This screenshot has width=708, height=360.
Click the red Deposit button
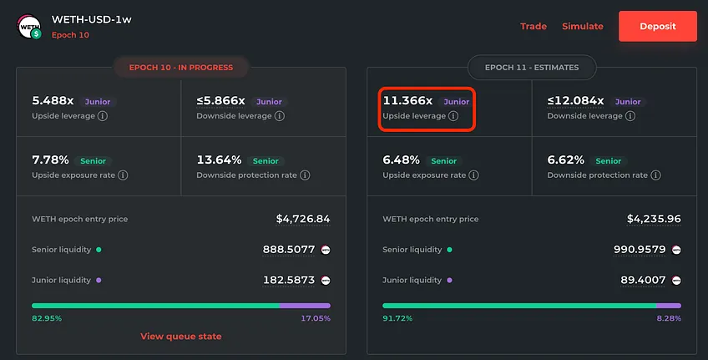click(657, 26)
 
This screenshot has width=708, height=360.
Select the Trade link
click(534, 26)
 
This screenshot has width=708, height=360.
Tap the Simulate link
click(583, 26)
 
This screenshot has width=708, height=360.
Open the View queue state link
click(180, 336)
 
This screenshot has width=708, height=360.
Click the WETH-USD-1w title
click(92, 19)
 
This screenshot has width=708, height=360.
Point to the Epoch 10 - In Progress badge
click(181, 68)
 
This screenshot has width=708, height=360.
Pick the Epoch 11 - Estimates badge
click(532, 68)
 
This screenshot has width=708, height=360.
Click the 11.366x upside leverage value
click(407, 101)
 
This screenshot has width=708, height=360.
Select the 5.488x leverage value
click(53, 101)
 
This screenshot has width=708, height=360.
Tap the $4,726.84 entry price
click(303, 219)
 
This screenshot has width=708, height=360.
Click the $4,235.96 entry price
click(654, 219)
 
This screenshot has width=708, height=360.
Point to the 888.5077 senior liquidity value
click(289, 250)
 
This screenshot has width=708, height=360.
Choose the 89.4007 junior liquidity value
click(643, 280)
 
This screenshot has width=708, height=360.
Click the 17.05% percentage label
click(316, 318)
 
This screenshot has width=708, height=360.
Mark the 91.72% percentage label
click(397, 318)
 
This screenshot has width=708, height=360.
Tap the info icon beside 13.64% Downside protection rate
click(306, 175)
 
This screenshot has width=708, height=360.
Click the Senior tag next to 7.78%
click(93, 161)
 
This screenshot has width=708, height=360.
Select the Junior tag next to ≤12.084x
click(628, 102)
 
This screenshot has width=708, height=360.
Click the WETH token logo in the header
click(29, 27)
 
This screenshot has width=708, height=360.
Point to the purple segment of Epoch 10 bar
click(305, 306)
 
